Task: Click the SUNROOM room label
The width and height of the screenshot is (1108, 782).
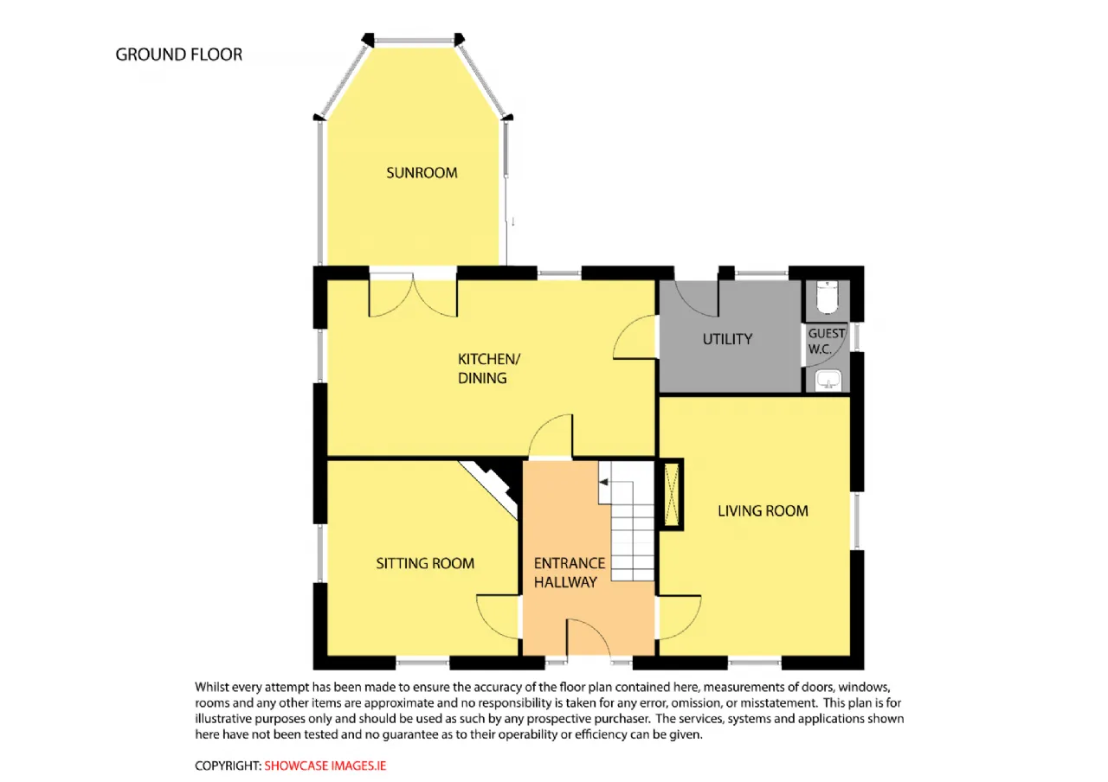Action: coord(422,172)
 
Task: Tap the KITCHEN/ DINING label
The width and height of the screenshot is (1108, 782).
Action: coord(489,369)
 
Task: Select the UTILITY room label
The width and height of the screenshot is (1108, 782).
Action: coord(727,339)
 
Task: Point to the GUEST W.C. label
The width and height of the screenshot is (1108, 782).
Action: coord(825,341)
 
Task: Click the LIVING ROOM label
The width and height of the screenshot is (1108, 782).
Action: coord(763,510)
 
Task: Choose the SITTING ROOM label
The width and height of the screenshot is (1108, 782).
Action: coord(425,563)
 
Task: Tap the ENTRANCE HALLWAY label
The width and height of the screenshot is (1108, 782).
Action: coord(570,573)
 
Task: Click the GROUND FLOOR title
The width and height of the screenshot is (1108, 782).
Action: coord(179,54)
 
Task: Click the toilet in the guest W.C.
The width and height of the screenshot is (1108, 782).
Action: coord(827,298)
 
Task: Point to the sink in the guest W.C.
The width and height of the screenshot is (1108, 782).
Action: coord(828,380)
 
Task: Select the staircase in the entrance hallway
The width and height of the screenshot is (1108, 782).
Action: coord(626,521)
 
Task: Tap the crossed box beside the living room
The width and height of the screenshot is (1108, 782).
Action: coord(671,494)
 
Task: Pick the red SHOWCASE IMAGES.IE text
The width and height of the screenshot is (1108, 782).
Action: coord(325,766)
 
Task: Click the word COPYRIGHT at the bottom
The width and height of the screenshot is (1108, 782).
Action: coord(228,766)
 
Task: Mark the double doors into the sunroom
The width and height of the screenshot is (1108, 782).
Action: coord(413,295)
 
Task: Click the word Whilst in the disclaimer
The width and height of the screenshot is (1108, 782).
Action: coord(211,687)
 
